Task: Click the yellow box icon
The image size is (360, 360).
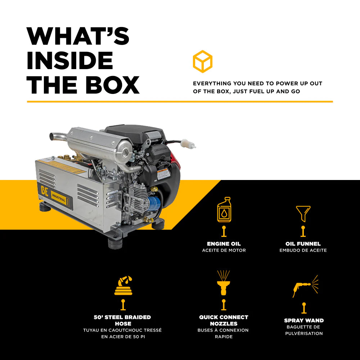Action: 202,62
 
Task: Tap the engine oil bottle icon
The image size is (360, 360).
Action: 224,210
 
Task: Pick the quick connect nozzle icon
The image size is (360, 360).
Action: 224,283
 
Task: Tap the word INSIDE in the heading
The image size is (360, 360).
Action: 70,60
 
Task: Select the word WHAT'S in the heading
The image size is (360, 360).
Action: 78,36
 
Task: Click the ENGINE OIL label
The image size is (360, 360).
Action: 224,244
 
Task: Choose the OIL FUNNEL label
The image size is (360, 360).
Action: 303,244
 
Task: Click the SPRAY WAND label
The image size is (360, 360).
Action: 304,320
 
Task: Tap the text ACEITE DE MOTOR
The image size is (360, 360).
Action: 224,250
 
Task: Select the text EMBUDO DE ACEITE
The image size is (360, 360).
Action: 303,250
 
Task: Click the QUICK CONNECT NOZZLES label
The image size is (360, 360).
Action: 224,320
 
